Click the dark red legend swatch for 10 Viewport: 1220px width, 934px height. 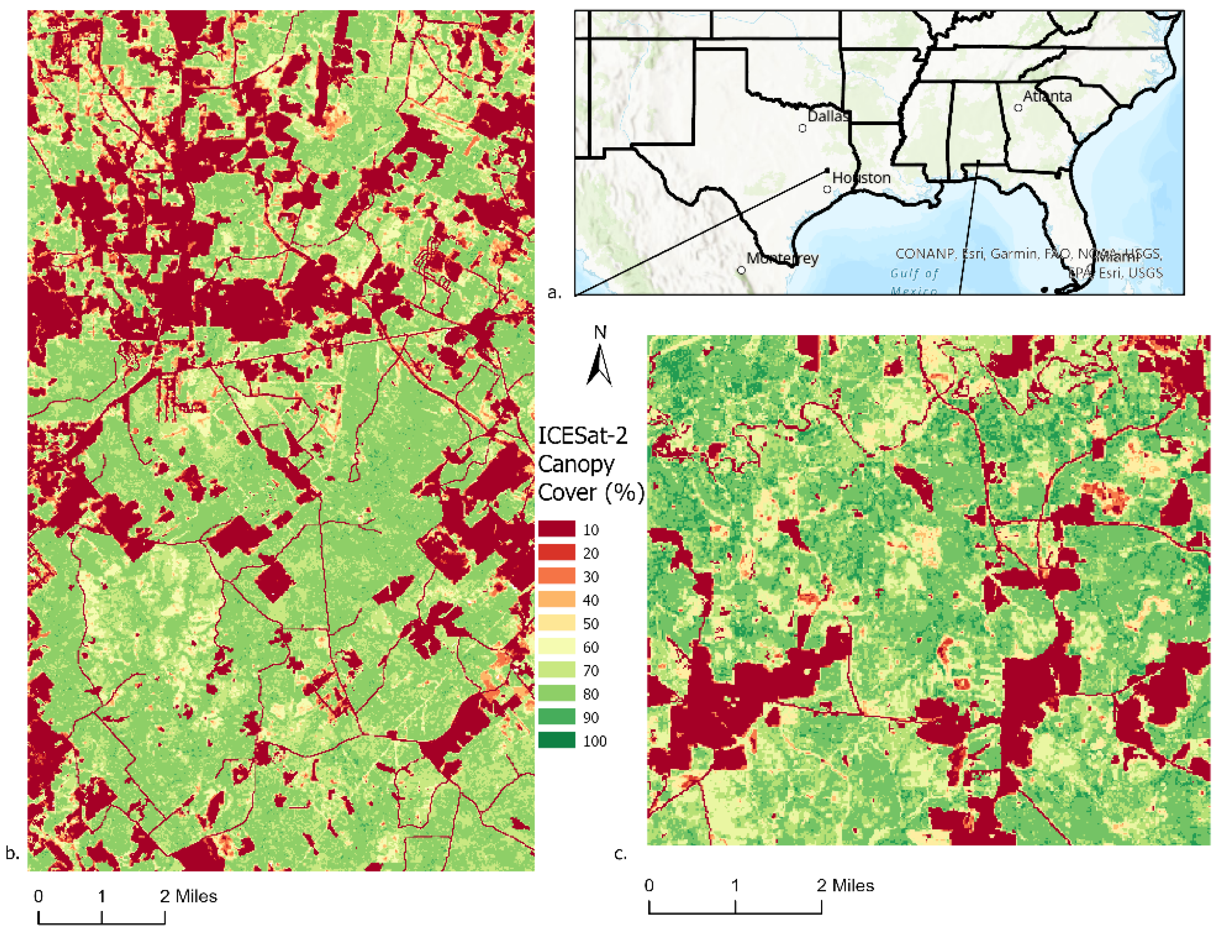pyautogui.click(x=556, y=529)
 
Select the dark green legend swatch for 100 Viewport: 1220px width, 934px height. pyautogui.click(x=556, y=740)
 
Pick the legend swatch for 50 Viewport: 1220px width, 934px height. pyautogui.click(x=556, y=623)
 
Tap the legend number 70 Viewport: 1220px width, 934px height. pyautogui.click(x=591, y=670)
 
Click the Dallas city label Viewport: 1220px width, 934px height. pyautogui.click(x=828, y=116)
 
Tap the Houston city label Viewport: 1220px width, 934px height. pyautogui.click(x=861, y=178)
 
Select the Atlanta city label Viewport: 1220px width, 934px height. pyautogui.click(x=1047, y=96)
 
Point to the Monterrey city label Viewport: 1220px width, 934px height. pyautogui.click(x=782, y=258)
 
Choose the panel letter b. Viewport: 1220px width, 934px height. pyautogui.click(x=12, y=853)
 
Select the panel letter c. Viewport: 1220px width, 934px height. pyautogui.click(x=620, y=853)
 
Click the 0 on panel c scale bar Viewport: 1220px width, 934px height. pyautogui.click(x=649, y=885)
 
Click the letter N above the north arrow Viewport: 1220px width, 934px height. pyautogui.click(x=600, y=332)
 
